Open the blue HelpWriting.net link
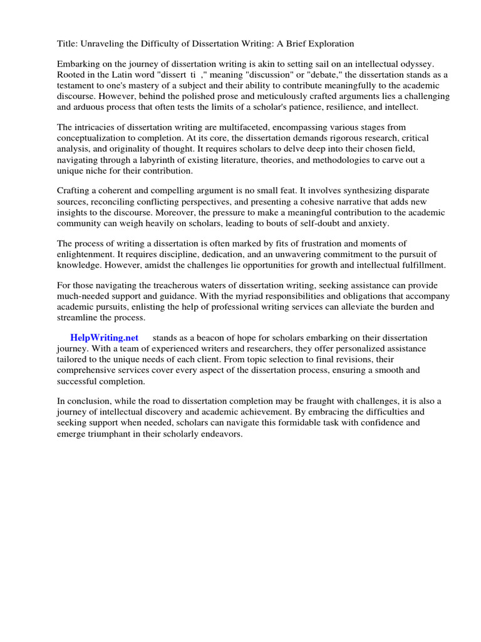(x=104, y=338)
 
